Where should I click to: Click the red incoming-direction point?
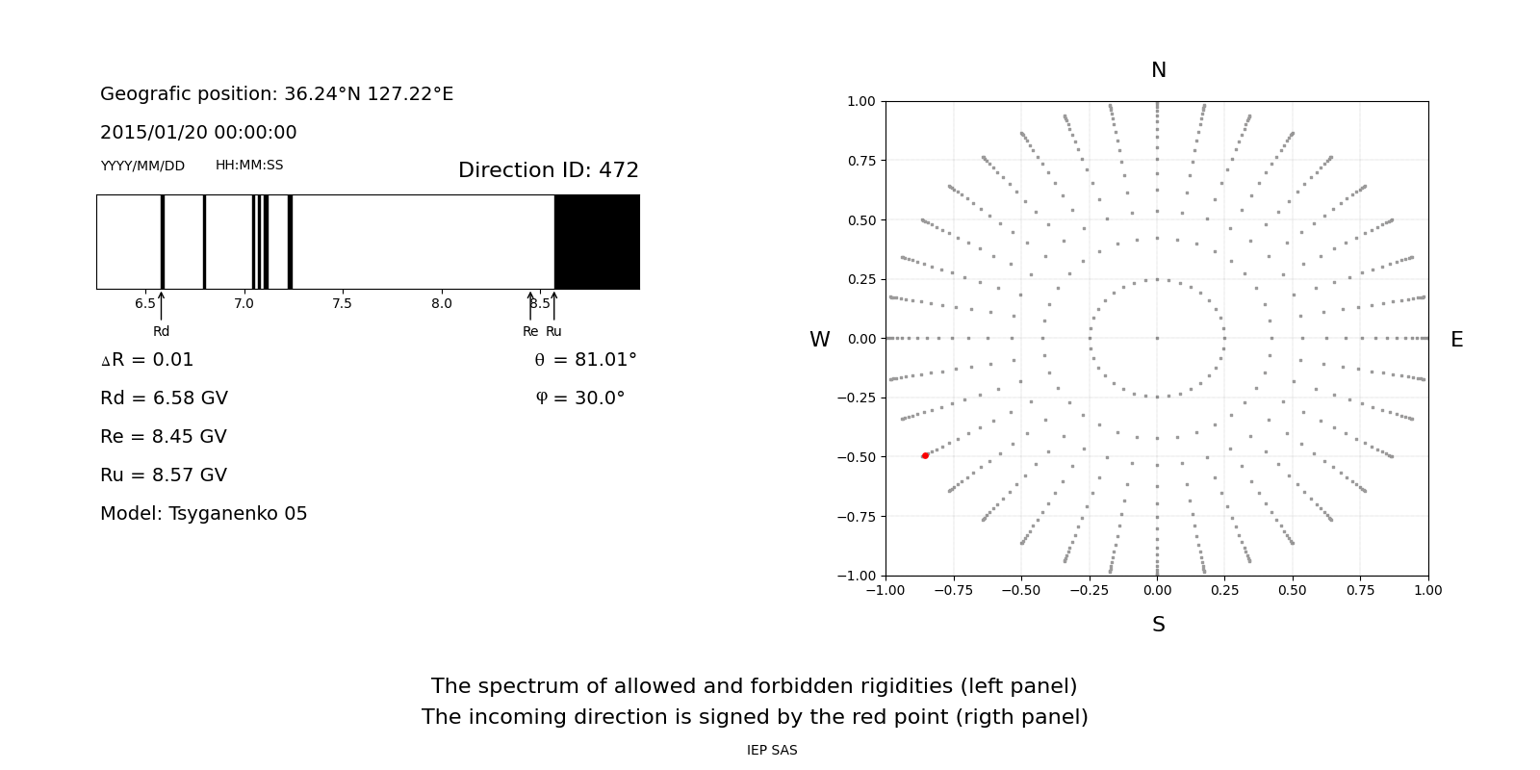925,455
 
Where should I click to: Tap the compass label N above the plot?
1158,70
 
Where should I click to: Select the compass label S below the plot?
1158,625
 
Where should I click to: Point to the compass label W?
819,340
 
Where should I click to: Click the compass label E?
1456,340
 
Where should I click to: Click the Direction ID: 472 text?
548,170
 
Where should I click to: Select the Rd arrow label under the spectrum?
161,331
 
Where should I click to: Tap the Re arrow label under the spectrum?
530,331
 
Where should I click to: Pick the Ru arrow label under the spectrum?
553,331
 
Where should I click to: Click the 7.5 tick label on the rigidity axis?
342,303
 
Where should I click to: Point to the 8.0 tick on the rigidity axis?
441,303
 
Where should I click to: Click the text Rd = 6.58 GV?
164,398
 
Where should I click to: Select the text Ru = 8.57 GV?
164,475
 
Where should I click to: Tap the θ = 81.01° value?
585,360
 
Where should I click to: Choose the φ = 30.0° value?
579,398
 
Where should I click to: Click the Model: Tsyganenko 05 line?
203,514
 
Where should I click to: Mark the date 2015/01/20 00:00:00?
198,133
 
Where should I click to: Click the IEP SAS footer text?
772,750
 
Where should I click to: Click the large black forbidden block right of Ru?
597,242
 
